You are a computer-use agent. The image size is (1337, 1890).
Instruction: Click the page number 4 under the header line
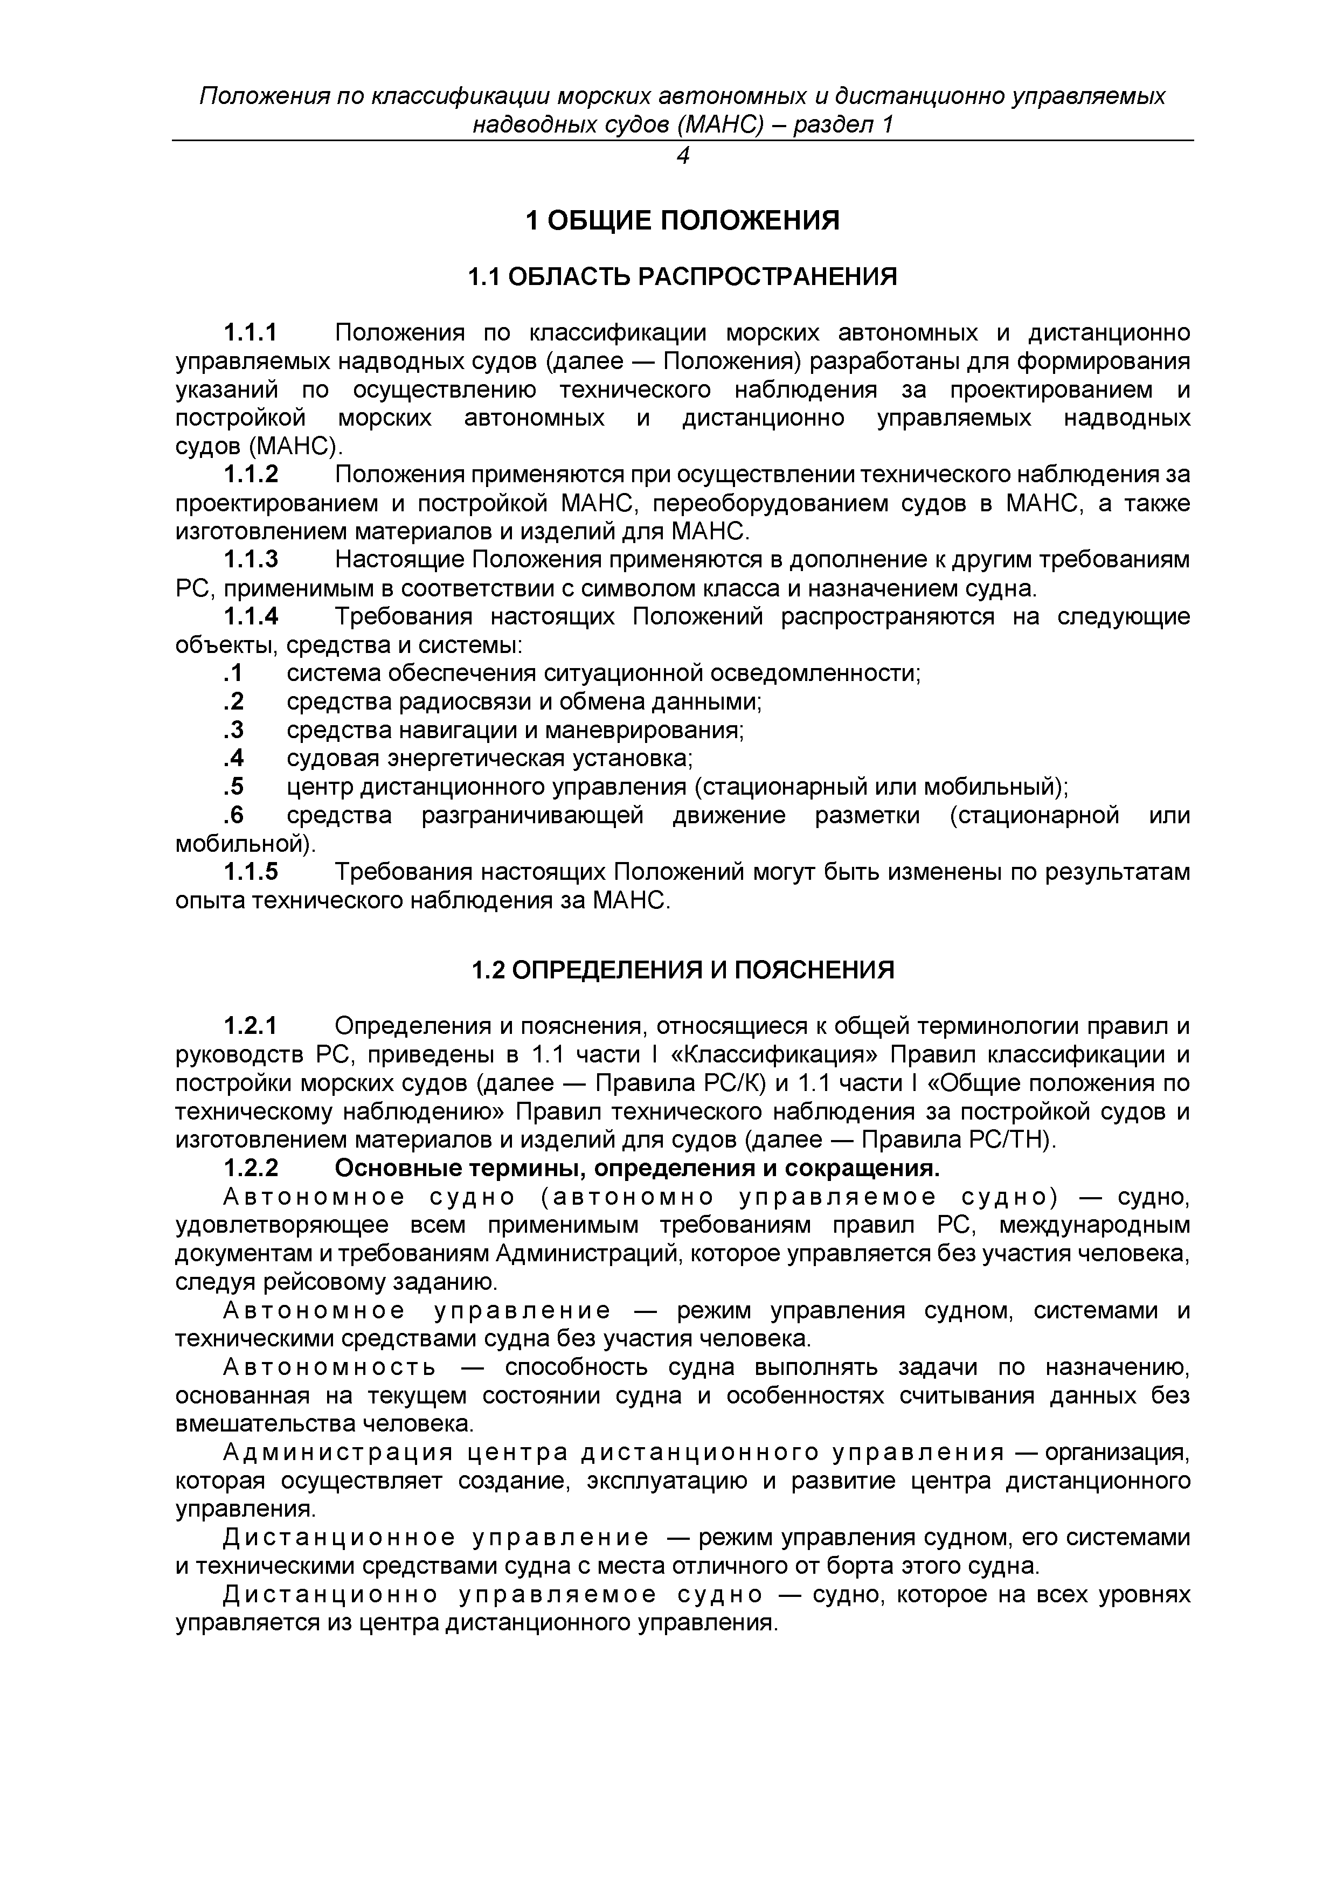682,156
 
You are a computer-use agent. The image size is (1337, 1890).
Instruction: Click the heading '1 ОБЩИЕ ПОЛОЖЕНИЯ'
682,220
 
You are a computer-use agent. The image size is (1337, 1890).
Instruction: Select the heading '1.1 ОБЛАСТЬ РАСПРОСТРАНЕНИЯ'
682,276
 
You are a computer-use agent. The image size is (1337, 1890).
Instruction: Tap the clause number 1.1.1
251,333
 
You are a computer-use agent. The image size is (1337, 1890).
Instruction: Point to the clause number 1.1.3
251,560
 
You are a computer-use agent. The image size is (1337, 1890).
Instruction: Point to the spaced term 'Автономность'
329,1367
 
